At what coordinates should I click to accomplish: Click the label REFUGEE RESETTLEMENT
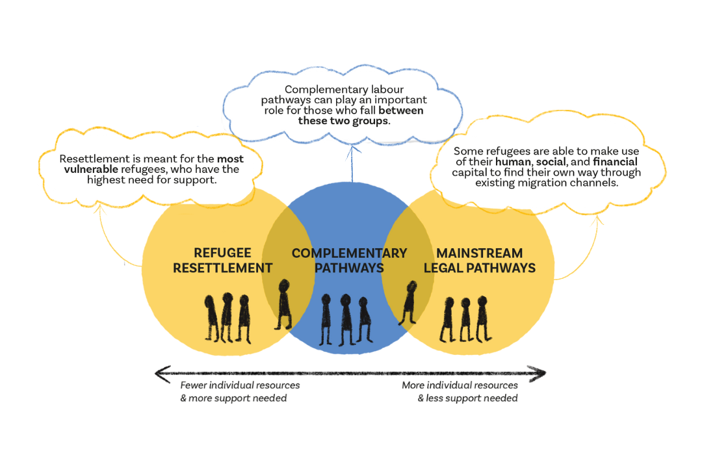(222, 260)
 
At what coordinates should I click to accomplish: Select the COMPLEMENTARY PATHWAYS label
(349, 260)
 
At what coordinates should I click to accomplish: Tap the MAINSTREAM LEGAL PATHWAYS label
(480, 260)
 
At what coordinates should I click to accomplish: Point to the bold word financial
(615, 161)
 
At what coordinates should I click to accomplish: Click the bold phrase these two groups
(343, 121)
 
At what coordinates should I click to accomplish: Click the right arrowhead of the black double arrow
(539, 373)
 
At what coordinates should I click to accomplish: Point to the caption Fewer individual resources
(240, 385)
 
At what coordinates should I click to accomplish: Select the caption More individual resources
(460, 385)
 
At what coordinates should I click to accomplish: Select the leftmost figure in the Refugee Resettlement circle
(211, 318)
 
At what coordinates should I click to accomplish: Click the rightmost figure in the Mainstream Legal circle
(482, 318)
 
